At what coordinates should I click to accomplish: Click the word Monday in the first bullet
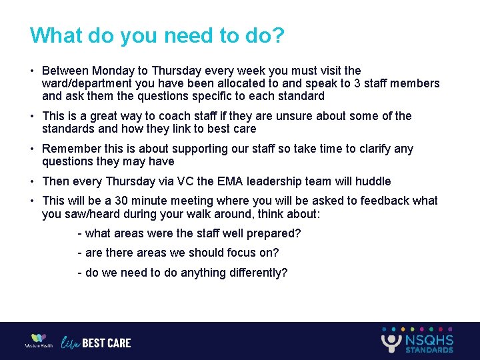[113, 71]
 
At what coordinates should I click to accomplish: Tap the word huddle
[373, 181]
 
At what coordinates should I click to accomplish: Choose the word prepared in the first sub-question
[275, 233]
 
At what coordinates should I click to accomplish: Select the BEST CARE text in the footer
[107, 343]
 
